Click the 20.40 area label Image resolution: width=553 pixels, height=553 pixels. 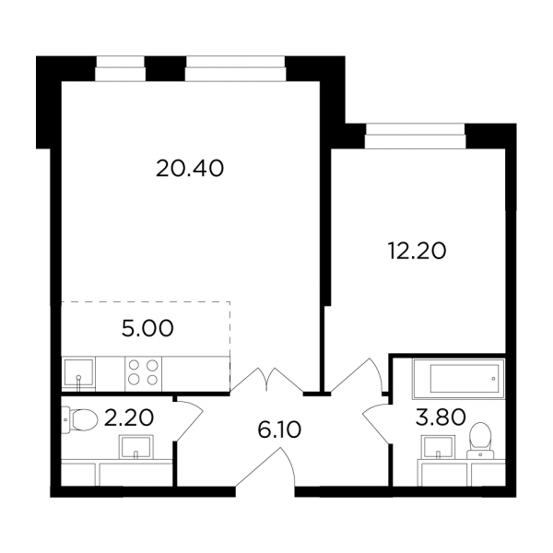point(190,169)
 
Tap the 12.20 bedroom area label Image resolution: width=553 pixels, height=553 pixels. point(417,251)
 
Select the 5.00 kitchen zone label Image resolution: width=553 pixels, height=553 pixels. point(147,328)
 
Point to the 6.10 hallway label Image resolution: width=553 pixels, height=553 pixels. point(279,429)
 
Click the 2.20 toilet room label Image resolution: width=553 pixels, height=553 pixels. point(129,418)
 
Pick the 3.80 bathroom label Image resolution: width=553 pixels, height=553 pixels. point(441,418)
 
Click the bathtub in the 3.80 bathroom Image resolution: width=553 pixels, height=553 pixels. point(459,379)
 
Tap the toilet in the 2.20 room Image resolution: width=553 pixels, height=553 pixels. point(79,419)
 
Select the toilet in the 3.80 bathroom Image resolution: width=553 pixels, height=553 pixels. point(480,441)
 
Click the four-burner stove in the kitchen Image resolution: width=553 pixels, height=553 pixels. point(143,373)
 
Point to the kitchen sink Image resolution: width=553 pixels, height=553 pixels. point(78,374)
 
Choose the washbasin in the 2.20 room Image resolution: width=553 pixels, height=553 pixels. point(136,447)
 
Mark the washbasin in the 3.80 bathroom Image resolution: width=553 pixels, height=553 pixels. point(439,447)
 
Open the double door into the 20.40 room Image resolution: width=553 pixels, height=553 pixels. point(267,380)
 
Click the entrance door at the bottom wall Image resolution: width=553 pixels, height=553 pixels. point(265,467)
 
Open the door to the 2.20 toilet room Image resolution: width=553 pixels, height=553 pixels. point(190,420)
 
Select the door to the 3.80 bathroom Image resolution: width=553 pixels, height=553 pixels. point(377,424)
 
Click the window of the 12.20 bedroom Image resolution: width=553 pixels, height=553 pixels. point(415,135)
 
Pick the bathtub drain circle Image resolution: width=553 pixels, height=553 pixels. point(493,379)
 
